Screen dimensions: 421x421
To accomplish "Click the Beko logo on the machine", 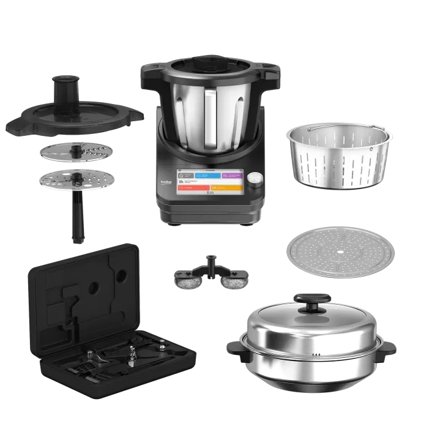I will tap(166, 182).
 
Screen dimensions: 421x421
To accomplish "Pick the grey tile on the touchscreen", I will tap(186, 176).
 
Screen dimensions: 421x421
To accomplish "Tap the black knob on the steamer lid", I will tap(311, 301).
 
